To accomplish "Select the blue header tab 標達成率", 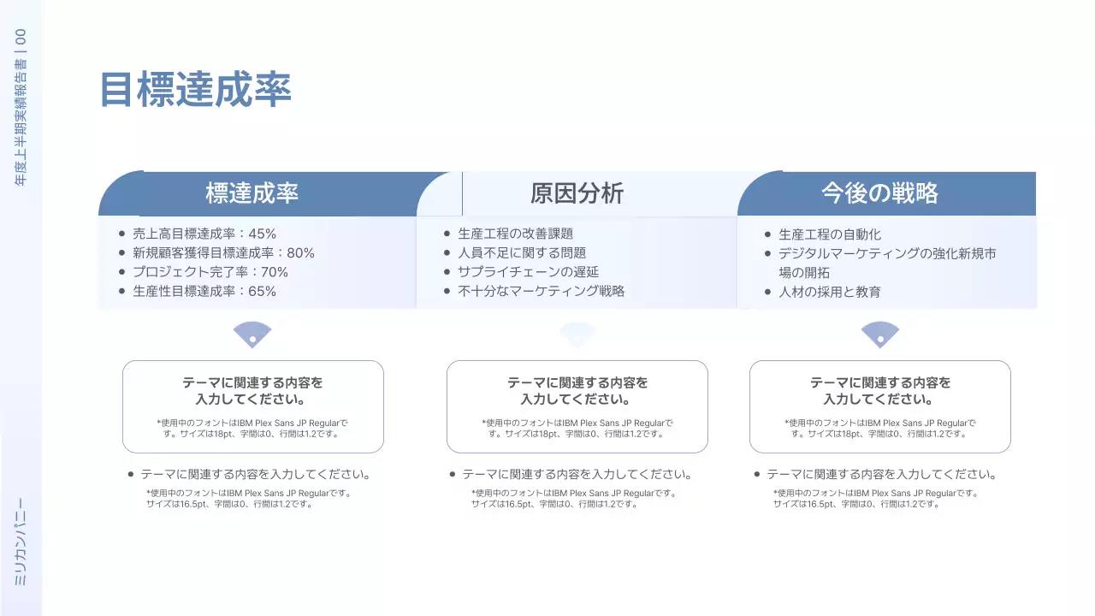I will [252, 193].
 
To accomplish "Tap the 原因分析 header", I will [577, 193].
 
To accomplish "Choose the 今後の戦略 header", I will [879, 193].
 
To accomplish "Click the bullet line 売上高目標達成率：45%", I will [204, 234].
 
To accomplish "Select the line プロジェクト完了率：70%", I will [210, 272].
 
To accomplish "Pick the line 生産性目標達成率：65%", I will [204, 291].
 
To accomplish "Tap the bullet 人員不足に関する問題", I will [521, 252].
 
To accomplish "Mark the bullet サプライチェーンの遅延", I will [527, 272].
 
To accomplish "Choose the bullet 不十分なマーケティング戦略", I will [541, 291].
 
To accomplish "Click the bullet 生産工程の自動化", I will [829, 234].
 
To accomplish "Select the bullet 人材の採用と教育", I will [829, 292].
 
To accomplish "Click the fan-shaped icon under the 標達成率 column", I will [252, 335].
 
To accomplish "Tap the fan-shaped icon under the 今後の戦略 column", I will [879, 335].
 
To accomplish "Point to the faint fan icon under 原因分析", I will [577, 335].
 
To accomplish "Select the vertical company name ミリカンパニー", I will [21, 542].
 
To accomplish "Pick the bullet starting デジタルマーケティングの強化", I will [886, 254].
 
